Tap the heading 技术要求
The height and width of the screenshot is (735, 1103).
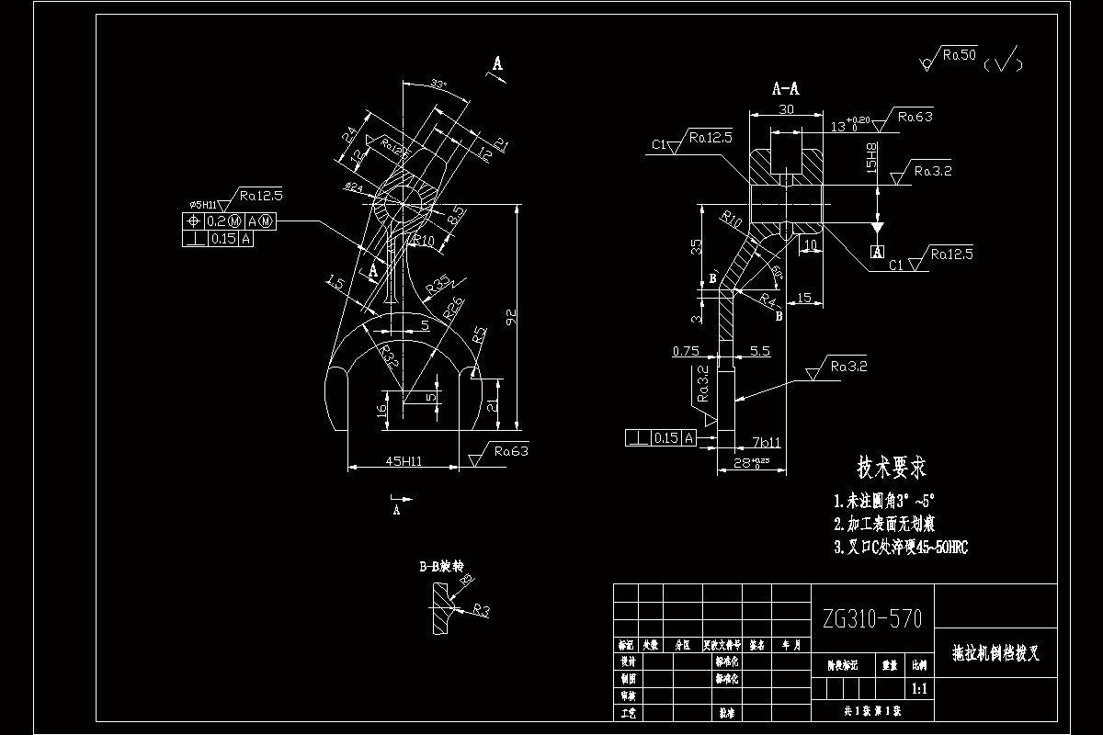pos(892,469)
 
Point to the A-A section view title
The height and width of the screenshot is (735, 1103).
pos(785,89)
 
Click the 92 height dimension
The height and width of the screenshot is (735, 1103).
pos(511,318)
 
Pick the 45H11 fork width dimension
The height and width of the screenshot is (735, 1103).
pos(403,460)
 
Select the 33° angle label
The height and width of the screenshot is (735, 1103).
pos(438,85)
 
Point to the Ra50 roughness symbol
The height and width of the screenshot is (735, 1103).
pos(958,57)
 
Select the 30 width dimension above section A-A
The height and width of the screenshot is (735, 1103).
pos(786,109)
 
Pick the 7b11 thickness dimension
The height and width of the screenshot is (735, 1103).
pos(766,442)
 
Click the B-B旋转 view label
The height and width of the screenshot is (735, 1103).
pos(438,567)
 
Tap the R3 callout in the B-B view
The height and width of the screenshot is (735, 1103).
pos(482,609)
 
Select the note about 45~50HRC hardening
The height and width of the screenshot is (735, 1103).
pos(900,548)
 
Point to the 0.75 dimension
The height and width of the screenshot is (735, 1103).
pos(686,351)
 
